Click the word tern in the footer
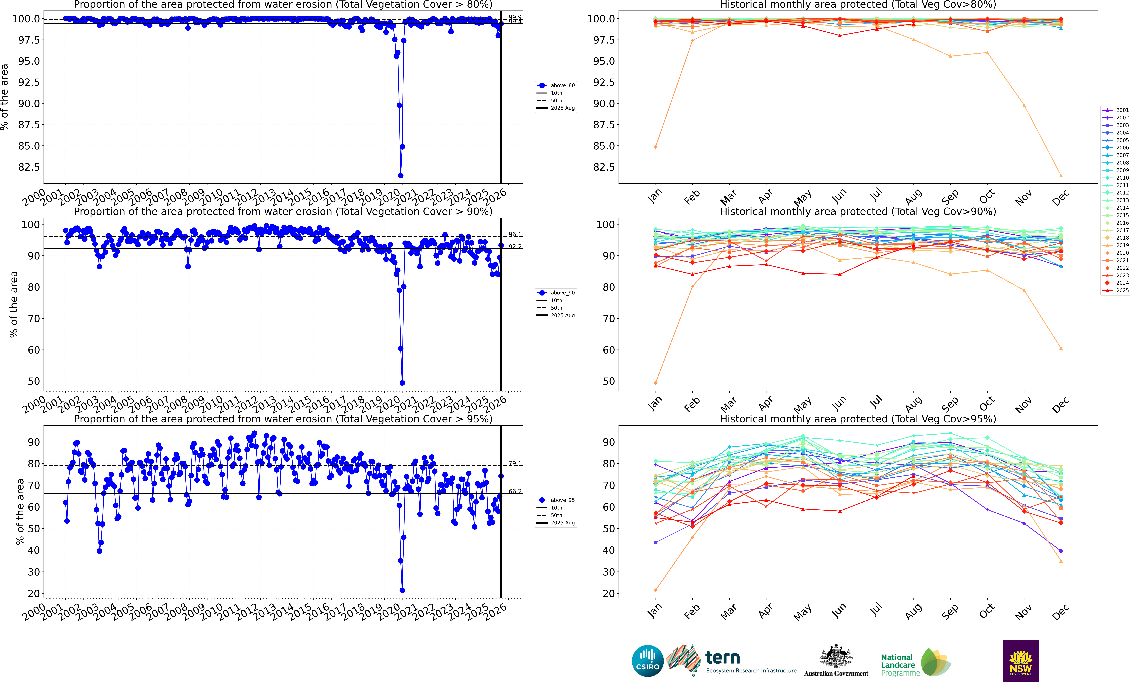[723, 658]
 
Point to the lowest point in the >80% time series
[401, 176]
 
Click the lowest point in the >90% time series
[402, 383]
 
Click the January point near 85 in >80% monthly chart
[655, 147]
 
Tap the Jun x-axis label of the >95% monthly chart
[839, 611]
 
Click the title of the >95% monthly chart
[857, 419]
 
